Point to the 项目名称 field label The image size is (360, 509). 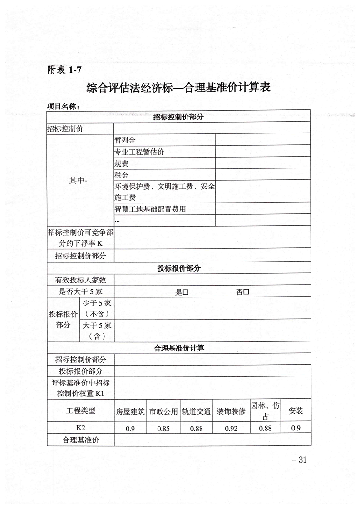point(64,106)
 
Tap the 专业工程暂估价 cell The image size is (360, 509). point(139,152)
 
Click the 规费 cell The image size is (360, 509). point(122,163)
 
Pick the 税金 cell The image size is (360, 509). point(122,175)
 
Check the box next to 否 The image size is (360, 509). point(246,292)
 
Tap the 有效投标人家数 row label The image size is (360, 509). point(80,280)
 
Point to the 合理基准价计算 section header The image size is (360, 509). point(179,348)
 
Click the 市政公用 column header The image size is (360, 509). point(163,412)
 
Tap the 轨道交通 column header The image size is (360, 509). point(197,412)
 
